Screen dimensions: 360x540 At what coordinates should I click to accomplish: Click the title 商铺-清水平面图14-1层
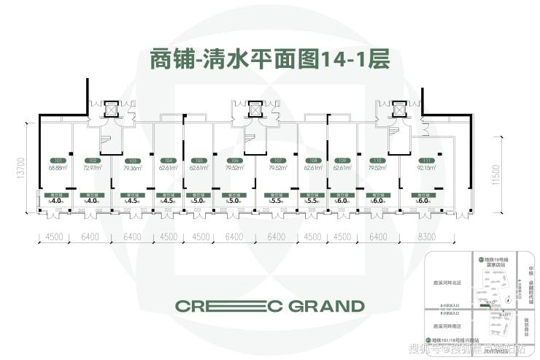click(269, 59)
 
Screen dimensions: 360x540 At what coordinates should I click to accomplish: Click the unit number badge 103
click(132, 161)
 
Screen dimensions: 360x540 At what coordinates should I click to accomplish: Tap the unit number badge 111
click(420, 161)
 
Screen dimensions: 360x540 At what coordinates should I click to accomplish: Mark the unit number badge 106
click(234, 161)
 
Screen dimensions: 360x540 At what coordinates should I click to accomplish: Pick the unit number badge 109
click(342, 161)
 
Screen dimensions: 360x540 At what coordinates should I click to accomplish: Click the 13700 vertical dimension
click(23, 168)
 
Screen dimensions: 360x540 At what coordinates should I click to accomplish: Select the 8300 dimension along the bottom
click(427, 236)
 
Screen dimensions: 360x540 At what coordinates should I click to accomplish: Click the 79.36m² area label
click(132, 168)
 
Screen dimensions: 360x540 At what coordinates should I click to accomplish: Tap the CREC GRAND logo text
click(269, 305)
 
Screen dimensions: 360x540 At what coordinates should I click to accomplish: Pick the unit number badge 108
click(313, 161)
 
